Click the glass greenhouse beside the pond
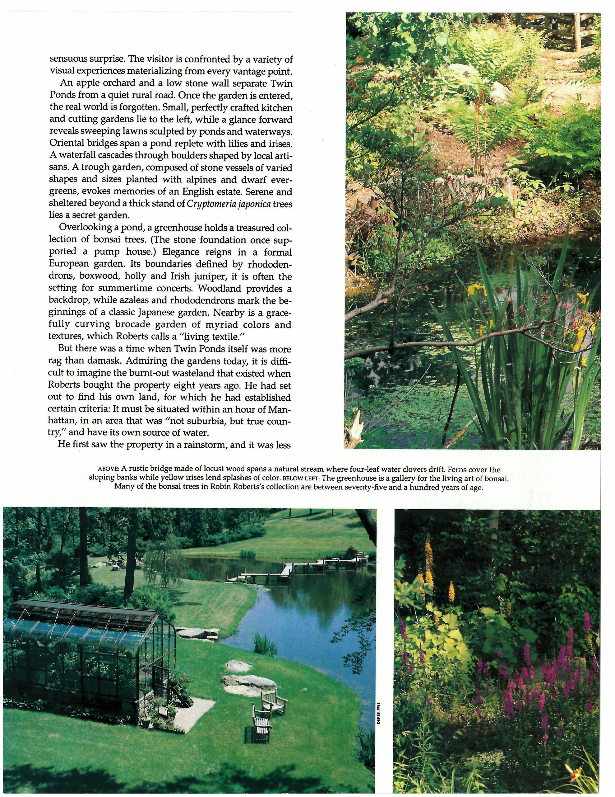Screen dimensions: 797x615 tap(87, 653)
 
